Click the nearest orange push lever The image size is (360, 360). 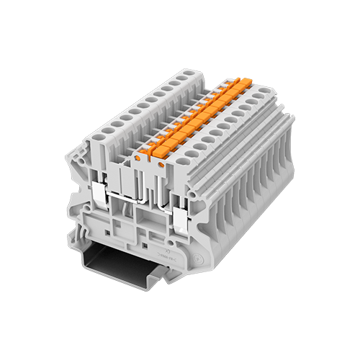tap(147, 150)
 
